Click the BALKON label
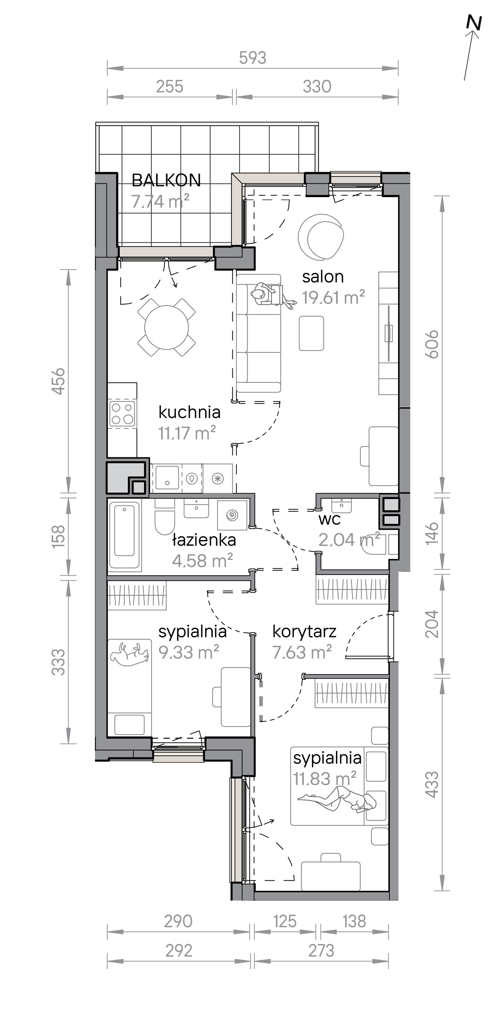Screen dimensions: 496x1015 click(x=166, y=180)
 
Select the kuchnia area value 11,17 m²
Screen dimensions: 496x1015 click(x=187, y=433)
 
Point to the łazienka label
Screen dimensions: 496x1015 click(x=204, y=540)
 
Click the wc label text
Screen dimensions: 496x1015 click(x=329, y=519)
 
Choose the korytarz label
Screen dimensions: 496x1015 click(x=304, y=632)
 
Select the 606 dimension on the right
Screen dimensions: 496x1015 click(x=433, y=344)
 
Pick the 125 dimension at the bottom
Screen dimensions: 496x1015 click(x=285, y=922)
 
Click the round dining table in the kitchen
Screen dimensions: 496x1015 click(x=167, y=327)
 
